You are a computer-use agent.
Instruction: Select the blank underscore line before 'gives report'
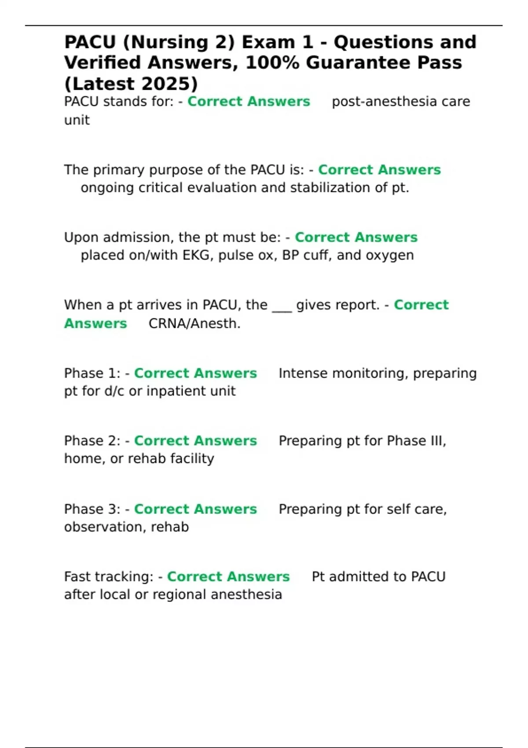(x=282, y=306)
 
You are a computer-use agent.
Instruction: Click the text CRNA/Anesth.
(x=194, y=324)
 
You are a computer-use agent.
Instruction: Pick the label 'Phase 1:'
(x=92, y=373)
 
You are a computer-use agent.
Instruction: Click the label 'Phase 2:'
(x=92, y=441)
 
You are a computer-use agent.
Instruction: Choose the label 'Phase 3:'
(x=92, y=509)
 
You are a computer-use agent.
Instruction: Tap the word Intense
(x=303, y=373)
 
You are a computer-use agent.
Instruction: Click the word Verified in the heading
(x=103, y=63)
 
